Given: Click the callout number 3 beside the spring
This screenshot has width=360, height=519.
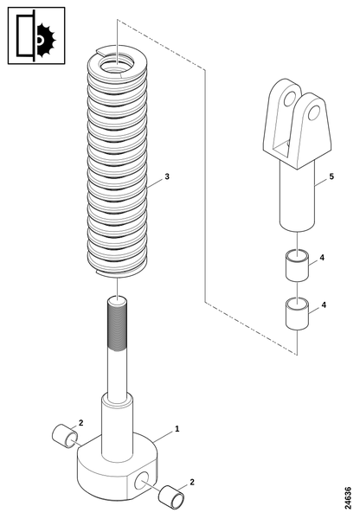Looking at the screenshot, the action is tap(167, 176).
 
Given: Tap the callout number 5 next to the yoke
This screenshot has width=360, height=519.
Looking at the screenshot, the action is tap(331, 176).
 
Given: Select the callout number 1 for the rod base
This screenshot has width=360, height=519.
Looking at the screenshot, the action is tap(177, 429).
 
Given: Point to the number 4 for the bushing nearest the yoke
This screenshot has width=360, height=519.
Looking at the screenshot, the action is tap(322, 257).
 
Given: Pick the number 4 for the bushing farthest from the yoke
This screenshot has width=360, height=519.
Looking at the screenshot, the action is tap(324, 304).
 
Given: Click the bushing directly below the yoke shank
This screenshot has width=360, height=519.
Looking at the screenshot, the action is tap(298, 266).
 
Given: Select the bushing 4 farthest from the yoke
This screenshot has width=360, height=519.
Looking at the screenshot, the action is tap(298, 314).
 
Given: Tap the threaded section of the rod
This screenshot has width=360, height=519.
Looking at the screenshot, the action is tap(117, 325).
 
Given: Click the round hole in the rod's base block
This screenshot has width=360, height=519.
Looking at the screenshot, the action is tap(141, 481).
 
